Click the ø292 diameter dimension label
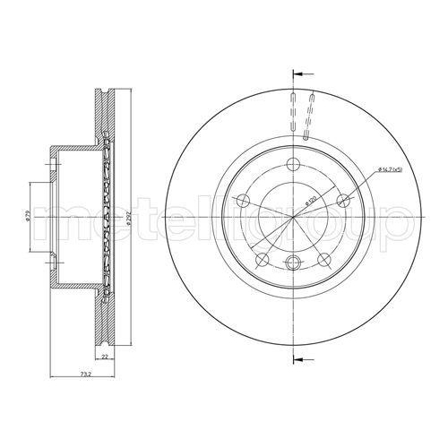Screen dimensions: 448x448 click(131, 219)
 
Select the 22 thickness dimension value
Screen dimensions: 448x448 click(105, 357)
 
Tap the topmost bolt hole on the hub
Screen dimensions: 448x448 click(293, 164)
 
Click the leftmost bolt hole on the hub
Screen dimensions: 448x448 click(241, 201)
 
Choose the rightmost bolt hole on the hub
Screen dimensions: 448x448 click(344, 201)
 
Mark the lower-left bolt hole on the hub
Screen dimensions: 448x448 click(261, 259)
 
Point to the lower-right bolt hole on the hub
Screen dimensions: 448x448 click(323, 259)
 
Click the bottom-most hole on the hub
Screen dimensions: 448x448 click(293, 263)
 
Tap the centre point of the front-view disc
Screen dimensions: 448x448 click(293, 216)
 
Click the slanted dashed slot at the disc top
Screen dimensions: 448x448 click(310, 116)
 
